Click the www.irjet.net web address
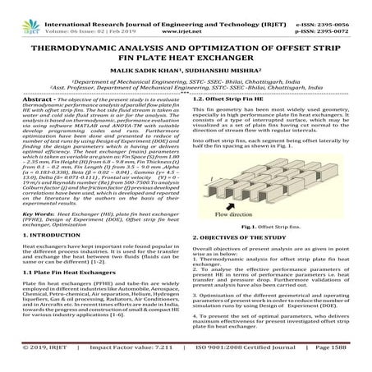[x=186, y=17]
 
